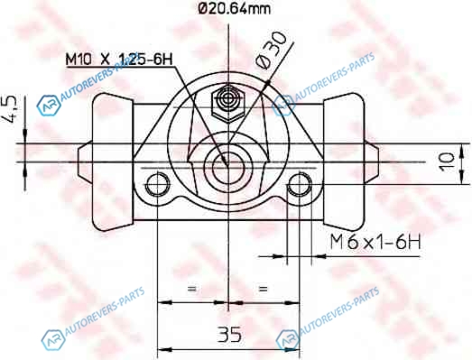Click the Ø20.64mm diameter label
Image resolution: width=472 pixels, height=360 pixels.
pyautogui.click(x=235, y=9)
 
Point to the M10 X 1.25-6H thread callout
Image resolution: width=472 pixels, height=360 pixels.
pyautogui.click(x=119, y=60)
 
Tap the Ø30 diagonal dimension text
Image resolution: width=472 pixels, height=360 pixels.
pyautogui.click(x=271, y=51)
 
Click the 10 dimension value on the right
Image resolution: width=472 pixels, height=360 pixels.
pyautogui.click(x=447, y=162)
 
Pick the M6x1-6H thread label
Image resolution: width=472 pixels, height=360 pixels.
pyautogui.click(x=375, y=242)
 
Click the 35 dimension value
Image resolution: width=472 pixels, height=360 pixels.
pyautogui.click(x=229, y=334)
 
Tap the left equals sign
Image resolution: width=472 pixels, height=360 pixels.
pyautogui.click(x=191, y=289)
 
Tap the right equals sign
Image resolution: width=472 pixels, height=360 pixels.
pyautogui.click(x=263, y=289)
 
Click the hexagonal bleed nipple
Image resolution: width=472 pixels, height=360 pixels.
pyautogui.click(x=228, y=103)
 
